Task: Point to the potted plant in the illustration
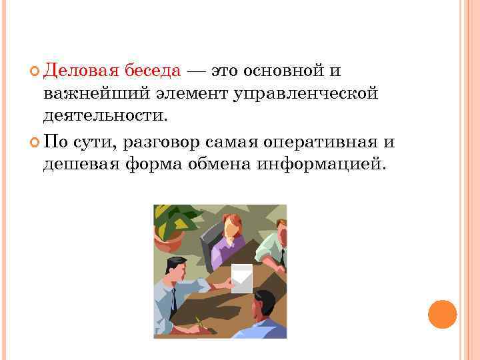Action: [171, 223]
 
